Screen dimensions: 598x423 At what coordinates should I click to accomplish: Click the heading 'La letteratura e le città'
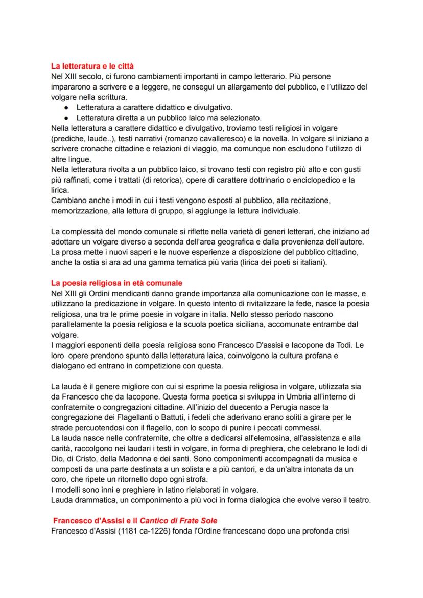point(93,66)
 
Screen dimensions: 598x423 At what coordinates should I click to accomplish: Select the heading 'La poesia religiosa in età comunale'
point(116,283)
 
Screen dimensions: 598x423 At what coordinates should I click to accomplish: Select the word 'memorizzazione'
point(79,211)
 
